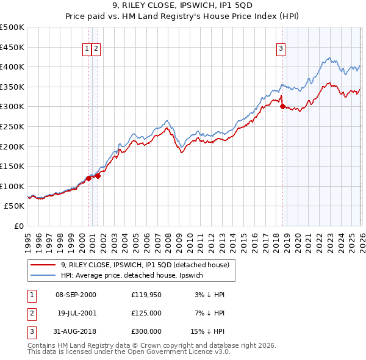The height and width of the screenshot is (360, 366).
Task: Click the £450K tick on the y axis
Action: pyautogui.click(x=12, y=47)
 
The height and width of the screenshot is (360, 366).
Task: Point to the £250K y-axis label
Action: pyautogui.click(x=12, y=126)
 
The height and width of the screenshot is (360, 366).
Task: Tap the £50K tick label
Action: pyautogui.click(x=14, y=206)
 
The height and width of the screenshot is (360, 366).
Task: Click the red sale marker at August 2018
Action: pyautogui.click(x=282, y=106)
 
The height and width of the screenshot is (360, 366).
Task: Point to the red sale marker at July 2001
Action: pyautogui.click(x=98, y=176)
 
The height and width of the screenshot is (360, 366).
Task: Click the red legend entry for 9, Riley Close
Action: pyautogui.click(x=145, y=265)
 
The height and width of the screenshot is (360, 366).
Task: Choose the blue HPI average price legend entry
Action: pyautogui.click(x=135, y=276)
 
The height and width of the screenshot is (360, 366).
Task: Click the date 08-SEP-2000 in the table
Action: pyautogui.click(x=76, y=295)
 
